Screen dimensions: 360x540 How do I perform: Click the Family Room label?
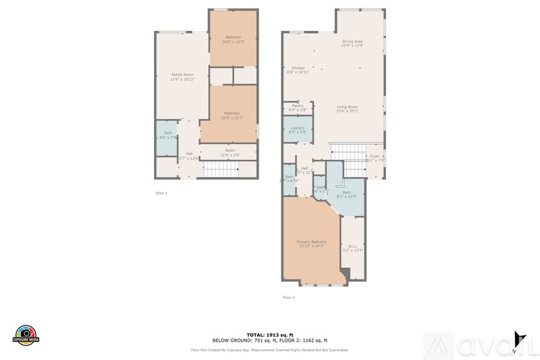pyautogui.click(x=182, y=76)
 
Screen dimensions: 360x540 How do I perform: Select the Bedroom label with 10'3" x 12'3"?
pyautogui.click(x=233, y=39)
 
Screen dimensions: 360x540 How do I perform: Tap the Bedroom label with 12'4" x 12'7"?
pyautogui.click(x=231, y=115)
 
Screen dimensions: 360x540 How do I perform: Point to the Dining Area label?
pyautogui.click(x=352, y=43)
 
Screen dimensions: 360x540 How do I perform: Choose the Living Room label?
pyautogui.click(x=347, y=108)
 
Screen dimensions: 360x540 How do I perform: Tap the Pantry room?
pyautogui.click(x=297, y=107)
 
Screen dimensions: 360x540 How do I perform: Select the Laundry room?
pyautogui.click(x=297, y=130)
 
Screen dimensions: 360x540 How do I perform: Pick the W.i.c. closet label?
pyautogui.click(x=352, y=249)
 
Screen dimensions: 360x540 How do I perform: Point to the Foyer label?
pyautogui.click(x=374, y=158)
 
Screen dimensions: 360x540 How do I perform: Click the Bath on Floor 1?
pyautogui.click(x=167, y=135)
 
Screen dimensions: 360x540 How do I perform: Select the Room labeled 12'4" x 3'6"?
pyautogui.click(x=230, y=152)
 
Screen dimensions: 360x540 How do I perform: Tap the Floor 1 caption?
pyautogui.click(x=161, y=193)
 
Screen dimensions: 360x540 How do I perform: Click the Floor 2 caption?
pyautogui.click(x=288, y=297)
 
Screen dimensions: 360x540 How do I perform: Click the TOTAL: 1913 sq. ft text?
pyautogui.click(x=269, y=335)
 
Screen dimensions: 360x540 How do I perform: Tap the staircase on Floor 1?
pyautogui.click(x=220, y=170)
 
